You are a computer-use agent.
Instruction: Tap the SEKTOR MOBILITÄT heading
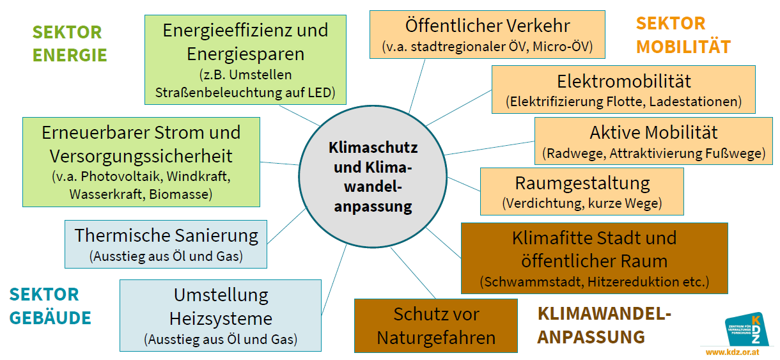pos(682,35)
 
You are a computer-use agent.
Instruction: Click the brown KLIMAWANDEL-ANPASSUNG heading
pos(604,325)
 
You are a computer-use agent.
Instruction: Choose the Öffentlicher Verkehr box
pos(487,35)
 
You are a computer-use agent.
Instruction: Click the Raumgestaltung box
pos(581,191)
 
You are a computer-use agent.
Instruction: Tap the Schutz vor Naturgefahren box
pos(435,325)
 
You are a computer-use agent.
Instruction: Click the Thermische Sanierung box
pos(166,244)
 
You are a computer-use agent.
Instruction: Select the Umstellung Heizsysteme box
pos(221,315)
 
